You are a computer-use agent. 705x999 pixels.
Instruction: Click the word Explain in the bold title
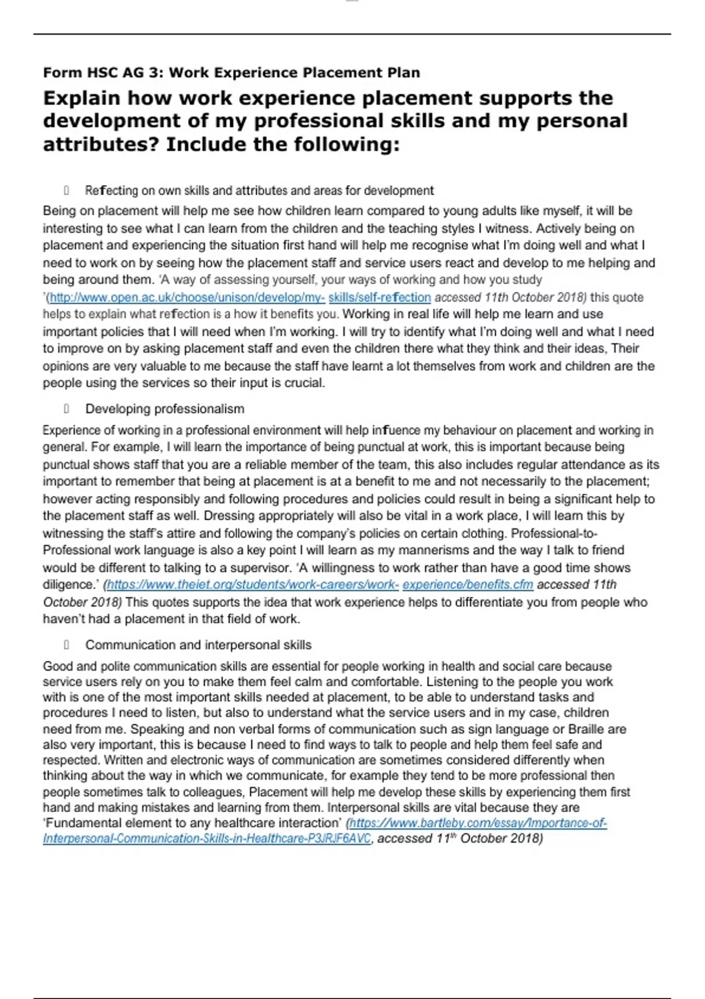[81, 98]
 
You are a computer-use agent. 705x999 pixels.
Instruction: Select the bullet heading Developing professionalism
[164, 409]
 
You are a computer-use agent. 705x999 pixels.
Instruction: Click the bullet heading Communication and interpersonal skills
[198, 645]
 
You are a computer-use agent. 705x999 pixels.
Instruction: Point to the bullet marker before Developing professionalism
[66, 409]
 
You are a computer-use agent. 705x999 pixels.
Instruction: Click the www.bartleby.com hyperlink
[477, 823]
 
